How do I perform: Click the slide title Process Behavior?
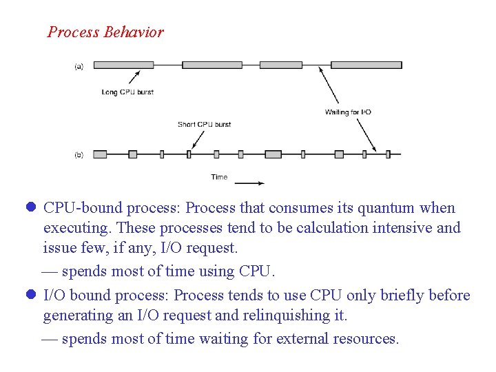pyautogui.click(x=105, y=32)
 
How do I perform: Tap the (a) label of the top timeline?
pyautogui.click(x=79, y=66)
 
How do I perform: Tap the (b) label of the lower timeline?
pyautogui.click(x=79, y=155)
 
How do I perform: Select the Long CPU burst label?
pyautogui.click(x=127, y=92)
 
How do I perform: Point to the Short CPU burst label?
pyautogui.click(x=204, y=125)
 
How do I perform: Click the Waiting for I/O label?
pyautogui.click(x=348, y=112)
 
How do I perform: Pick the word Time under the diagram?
pyautogui.click(x=219, y=177)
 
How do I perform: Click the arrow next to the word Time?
pyautogui.click(x=249, y=183)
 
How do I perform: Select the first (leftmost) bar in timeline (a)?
pyautogui.click(x=123, y=65)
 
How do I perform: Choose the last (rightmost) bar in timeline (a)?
pyautogui.click(x=366, y=65)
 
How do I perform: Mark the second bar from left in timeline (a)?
pyautogui.click(x=211, y=65)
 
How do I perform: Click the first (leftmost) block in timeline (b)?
pyautogui.click(x=100, y=154)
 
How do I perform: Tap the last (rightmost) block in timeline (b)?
pyautogui.click(x=389, y=154)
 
